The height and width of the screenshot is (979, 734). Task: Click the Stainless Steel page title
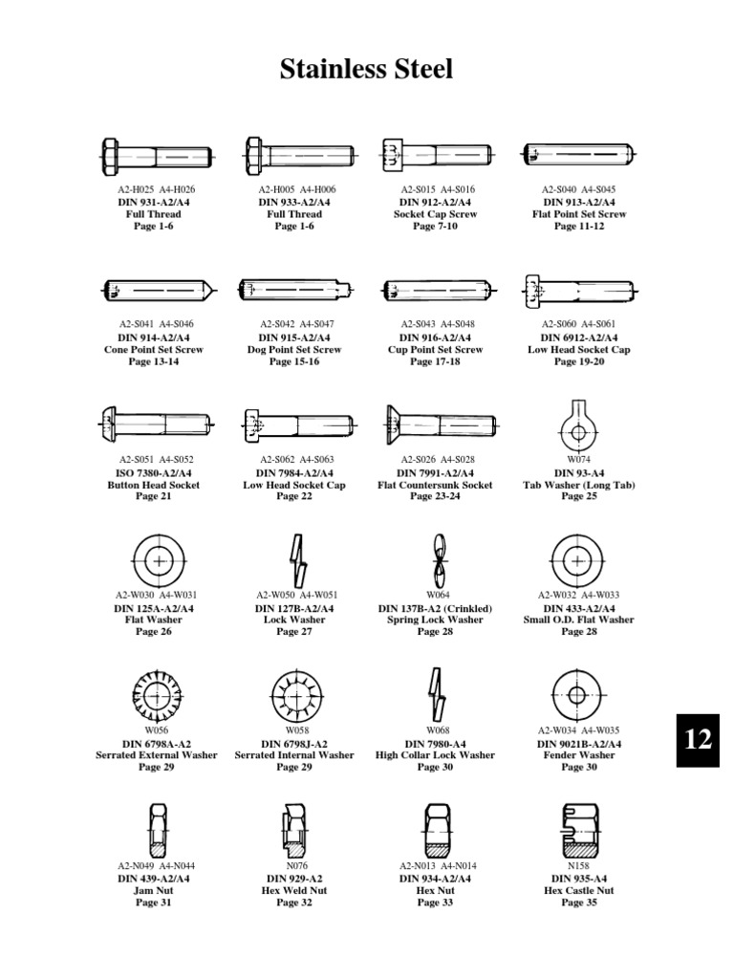click(366, 70)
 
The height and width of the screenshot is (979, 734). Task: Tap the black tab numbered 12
click(699, 738)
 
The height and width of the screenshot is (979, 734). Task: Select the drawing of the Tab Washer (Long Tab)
click(578, 425)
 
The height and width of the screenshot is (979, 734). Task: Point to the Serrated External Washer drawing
click(154, 696)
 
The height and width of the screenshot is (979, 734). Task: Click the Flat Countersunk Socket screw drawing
click(439, 422)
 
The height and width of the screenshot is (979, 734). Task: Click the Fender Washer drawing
click(578, 695)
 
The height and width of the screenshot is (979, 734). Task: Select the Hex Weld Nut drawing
click(293, 832)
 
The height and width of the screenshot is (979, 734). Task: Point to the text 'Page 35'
click(578, 903)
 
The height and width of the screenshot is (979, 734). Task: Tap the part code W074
click(578, 460)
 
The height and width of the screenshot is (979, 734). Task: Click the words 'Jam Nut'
click(154, 890)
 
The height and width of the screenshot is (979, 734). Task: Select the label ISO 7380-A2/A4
click(154, 472)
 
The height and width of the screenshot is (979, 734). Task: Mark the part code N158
click(578, 866)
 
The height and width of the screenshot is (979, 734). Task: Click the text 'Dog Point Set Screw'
click(294, 350)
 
